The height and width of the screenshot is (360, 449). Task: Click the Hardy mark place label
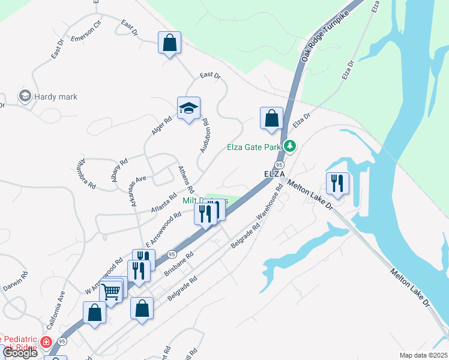pos(56,96)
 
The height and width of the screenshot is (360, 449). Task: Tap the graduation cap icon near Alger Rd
pos(188,109)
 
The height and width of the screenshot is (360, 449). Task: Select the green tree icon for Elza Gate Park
pos(291,146)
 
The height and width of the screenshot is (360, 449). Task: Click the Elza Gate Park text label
pos(255,147)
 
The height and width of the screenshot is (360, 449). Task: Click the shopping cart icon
pos(111,292)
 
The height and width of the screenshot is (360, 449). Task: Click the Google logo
pos(20,353)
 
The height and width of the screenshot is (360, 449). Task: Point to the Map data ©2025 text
pos(423,355)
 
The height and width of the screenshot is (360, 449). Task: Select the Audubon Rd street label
pos(204,134)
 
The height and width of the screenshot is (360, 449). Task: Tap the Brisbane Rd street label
pos(178,264)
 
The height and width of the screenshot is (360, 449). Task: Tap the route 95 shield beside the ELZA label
pos(279,164)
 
